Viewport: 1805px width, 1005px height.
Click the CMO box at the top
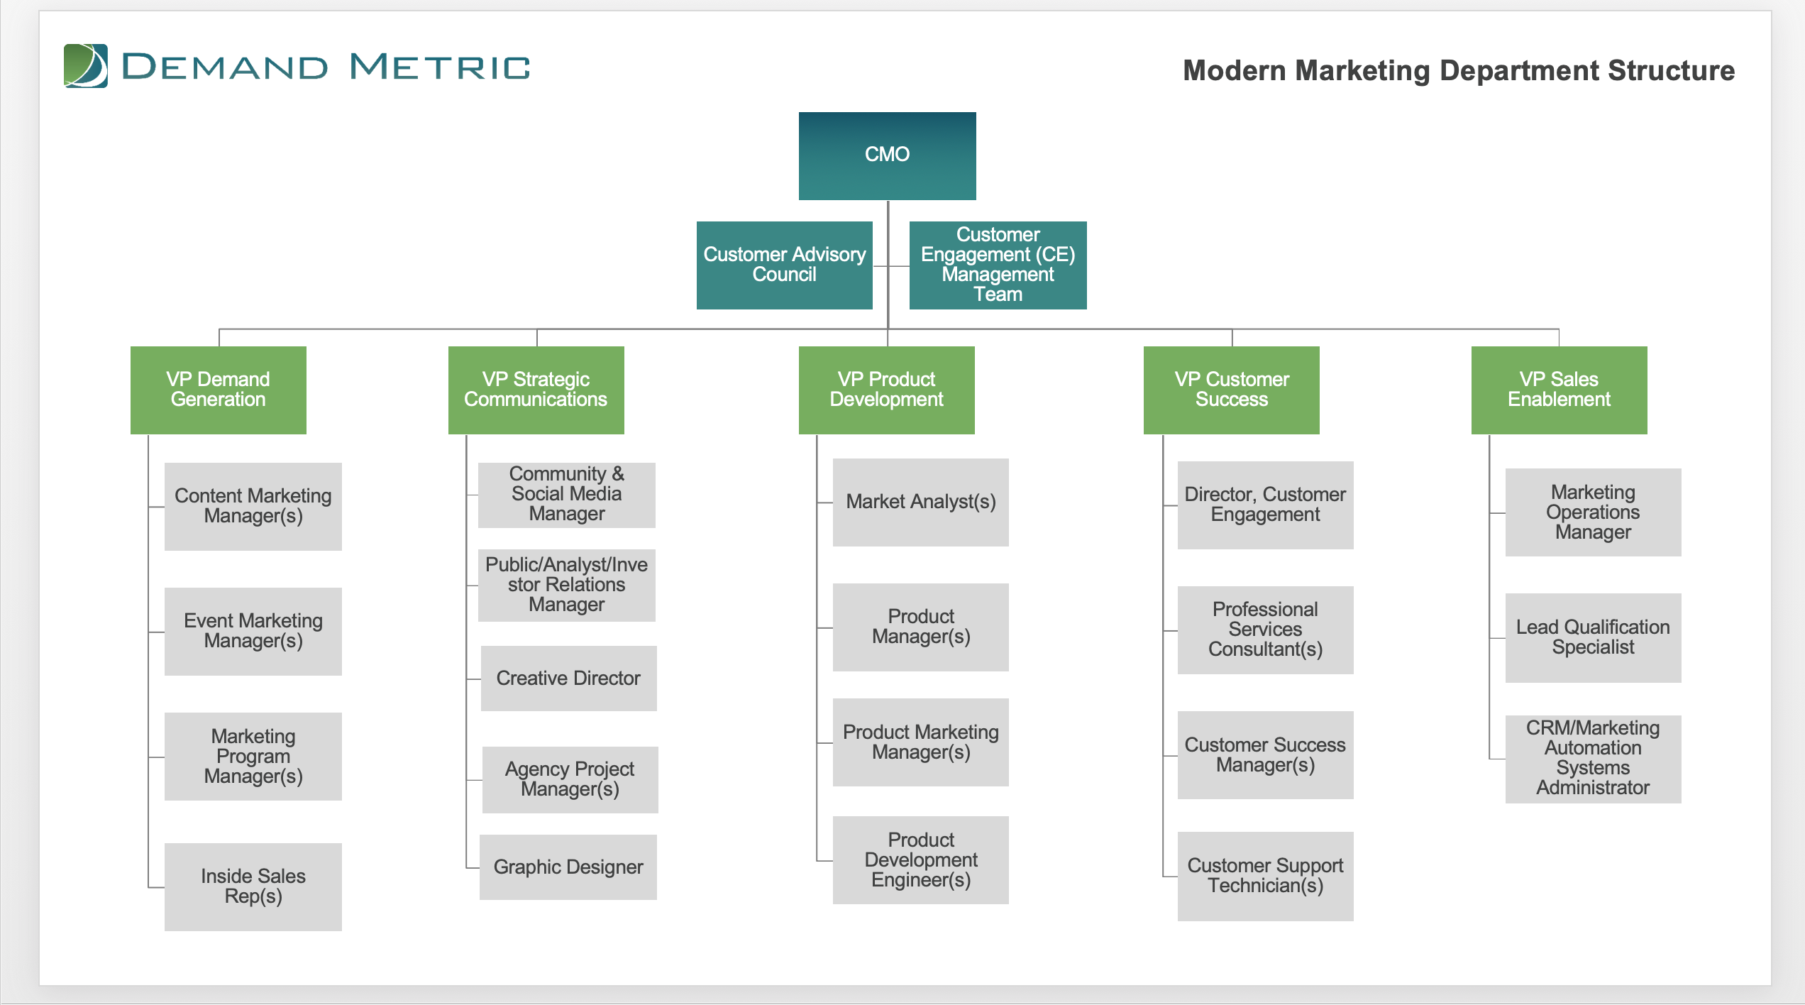[887, 155]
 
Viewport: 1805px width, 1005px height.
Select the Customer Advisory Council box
[784, 265]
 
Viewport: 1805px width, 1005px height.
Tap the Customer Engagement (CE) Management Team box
[998, 265]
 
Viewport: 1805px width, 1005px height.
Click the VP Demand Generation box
[218, 390]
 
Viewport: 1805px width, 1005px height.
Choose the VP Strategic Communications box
[536, 390]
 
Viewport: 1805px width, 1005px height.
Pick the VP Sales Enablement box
[1559, 390]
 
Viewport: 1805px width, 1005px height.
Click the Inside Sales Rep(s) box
[253, 886]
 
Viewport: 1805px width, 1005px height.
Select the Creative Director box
[568, 678]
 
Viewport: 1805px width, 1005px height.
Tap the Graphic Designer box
[568, 867]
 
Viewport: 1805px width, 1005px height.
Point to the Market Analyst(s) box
[920, 502]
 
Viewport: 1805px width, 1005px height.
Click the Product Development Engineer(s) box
[920, 860]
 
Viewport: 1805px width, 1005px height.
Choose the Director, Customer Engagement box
[1265, 505]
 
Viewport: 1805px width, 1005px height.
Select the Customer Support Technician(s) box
[1265, 876]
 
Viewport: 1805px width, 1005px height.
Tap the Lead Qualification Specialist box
[1593, 637]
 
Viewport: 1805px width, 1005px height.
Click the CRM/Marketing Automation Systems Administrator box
[1593, 759]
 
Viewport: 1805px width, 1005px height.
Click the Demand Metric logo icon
[86, 66]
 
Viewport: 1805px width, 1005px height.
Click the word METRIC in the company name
[440, 67]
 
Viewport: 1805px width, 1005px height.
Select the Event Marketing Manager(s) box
[253, 631]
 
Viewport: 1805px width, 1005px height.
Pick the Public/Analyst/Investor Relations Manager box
[566, 585]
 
